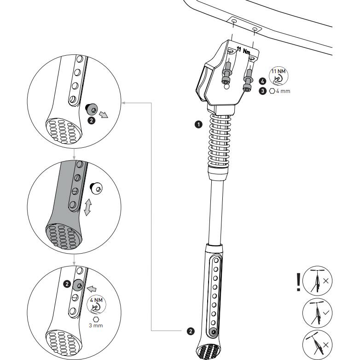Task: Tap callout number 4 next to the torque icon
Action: pos(262,81)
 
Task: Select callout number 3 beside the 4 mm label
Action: pos(262,91)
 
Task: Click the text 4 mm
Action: pos(283,91)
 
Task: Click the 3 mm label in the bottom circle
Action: pos(96,325)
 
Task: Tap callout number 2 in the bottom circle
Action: pos(67,284)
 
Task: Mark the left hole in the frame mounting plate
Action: pos(234,22)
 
